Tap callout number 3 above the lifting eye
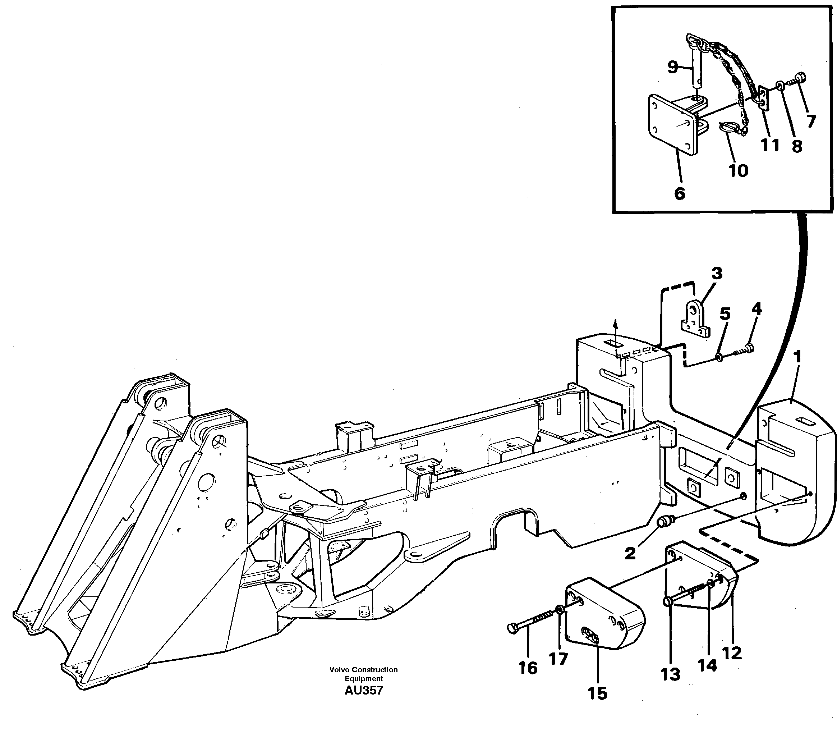(716, 273)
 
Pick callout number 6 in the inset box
(679, 193)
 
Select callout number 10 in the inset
(738, 170)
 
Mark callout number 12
(731, 653)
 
